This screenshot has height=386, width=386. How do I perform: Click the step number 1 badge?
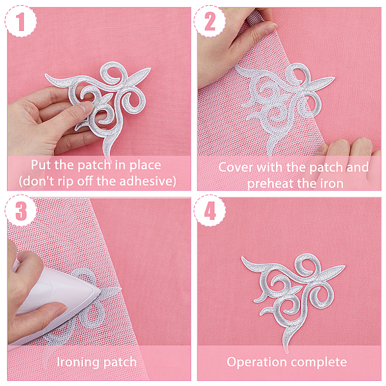tap(21, 21)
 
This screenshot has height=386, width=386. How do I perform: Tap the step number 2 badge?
tap(210, 21)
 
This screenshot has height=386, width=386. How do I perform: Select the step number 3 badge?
tap(21, 210)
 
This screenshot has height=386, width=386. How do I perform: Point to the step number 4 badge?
tap(210, 210)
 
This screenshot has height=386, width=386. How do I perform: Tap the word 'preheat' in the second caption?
tap(266, 184)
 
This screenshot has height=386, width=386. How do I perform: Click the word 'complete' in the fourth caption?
tap(319, 362)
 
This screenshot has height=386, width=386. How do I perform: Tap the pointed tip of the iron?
tap(100, 291)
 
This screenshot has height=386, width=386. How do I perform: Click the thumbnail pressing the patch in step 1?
tap(86, 107)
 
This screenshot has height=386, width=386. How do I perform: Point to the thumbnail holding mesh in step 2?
tap(270, 28)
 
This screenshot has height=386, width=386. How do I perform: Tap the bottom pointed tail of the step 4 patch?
tap(287, 353)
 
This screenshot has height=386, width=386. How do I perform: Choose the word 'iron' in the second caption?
tap(332, 183)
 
